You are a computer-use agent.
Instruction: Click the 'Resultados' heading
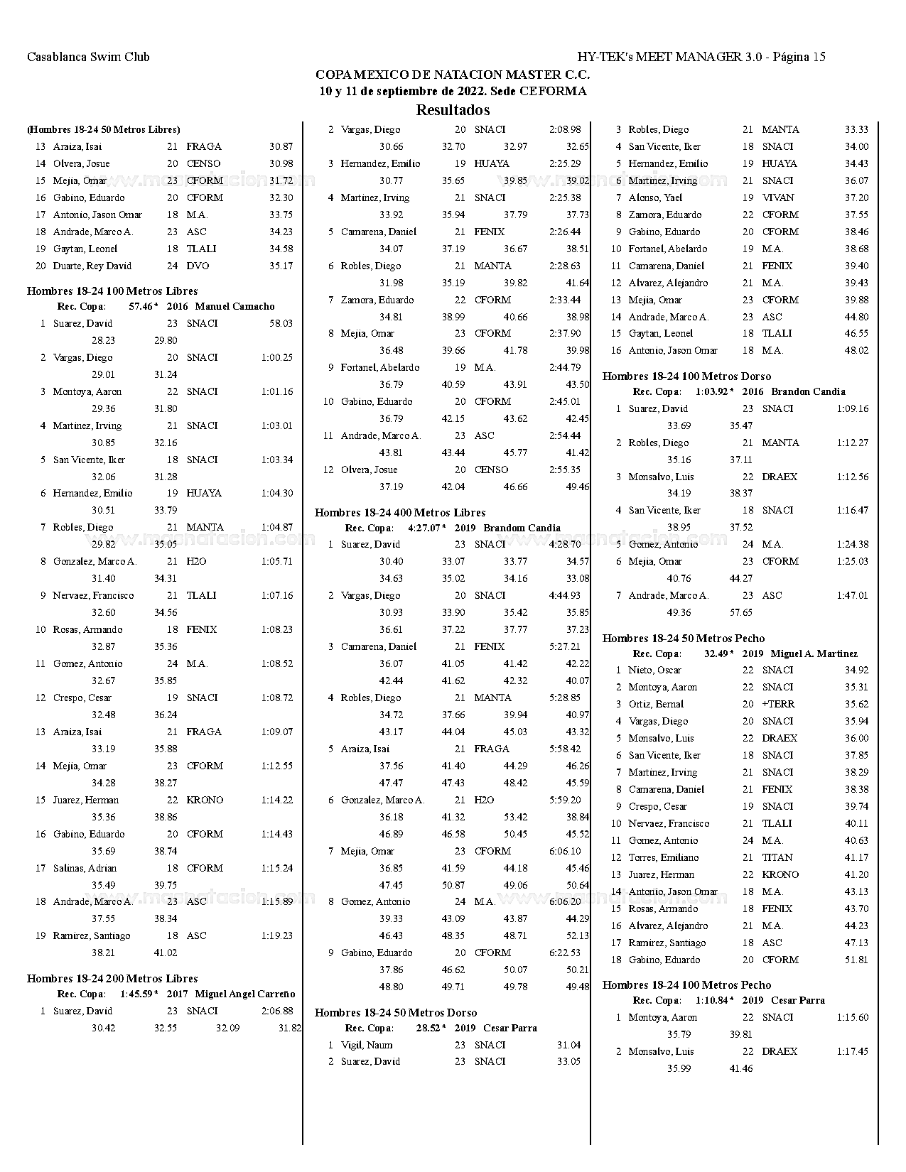[453, 110]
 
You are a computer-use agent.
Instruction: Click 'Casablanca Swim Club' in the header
[88, 57]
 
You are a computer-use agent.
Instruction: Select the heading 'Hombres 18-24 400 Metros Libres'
[400, 513]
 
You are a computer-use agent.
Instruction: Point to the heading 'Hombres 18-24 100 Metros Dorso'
[686, 376]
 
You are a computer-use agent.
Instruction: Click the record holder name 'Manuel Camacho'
[234, 307]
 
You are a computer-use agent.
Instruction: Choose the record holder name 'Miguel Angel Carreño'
[244, 994]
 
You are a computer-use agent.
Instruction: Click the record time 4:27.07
[426, 528]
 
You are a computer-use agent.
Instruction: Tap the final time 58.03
[281, 324]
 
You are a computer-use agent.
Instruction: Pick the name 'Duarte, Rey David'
[92, 266]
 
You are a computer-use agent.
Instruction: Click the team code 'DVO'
[197, 266]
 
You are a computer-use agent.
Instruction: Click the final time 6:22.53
[565, 953]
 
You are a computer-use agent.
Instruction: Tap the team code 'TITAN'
[777, 858]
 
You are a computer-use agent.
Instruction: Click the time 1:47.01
[853, 596]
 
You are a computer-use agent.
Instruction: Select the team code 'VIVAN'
[778, 198]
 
